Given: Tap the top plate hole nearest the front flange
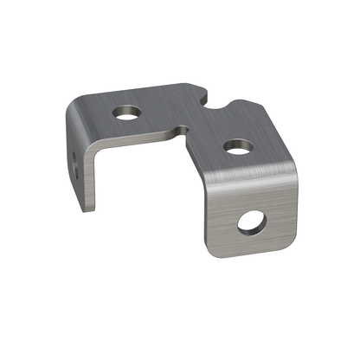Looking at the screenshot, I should point(238,147).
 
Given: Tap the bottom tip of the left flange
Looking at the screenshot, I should point(89,209).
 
